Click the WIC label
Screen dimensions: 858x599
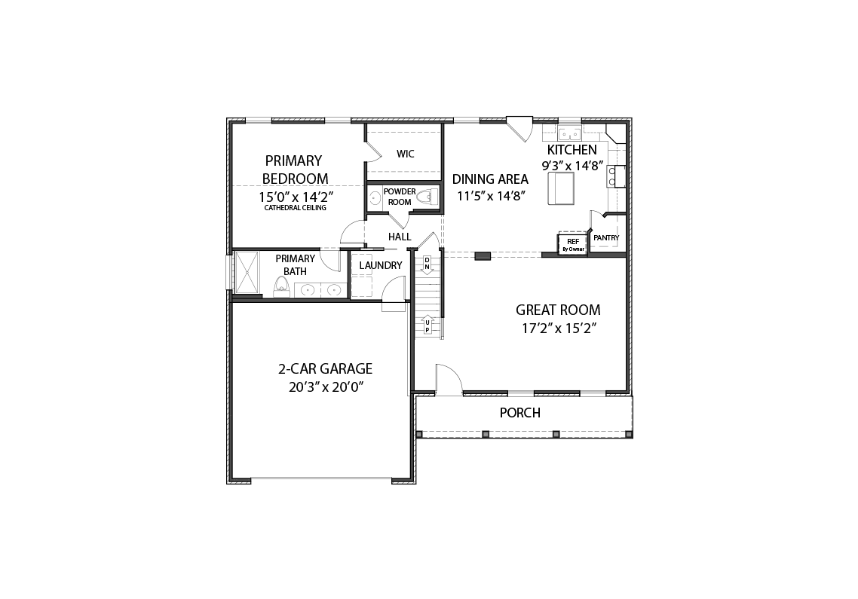click(405, 154)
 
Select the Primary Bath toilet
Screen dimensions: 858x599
click(281, 287)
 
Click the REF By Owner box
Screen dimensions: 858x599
click(572, 244)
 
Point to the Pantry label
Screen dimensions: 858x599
click(606, 238)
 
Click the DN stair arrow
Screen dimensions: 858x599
click(427, 264)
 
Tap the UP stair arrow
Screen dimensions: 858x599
click(427, 325)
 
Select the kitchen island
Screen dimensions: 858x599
click(562, 188)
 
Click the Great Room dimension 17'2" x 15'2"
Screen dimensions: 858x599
click(558, 329)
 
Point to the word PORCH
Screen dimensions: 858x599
click(519, 413)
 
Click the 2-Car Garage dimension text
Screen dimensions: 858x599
click(326, 387)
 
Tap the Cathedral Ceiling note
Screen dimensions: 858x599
click(295, 208)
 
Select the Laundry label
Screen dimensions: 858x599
click(380, 265)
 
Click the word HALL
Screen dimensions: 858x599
click(400, 237)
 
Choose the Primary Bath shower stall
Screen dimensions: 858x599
click(247, 273)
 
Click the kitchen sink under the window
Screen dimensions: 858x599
click(570, 134)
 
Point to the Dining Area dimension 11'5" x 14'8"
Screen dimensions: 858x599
click(491, 197)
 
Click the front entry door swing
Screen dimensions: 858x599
click(449, 377)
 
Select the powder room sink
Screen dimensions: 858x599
click(375, 198)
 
